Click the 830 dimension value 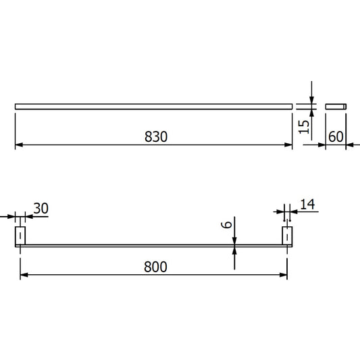pyautogui.click(x=155, y=136)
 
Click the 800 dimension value pyautogui.click(x=155, y=266)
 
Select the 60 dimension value pyautogui.click(x=336, y=136)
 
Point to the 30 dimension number pyautogui.click(x=41, y=209)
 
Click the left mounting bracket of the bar pyautogui.click(x=20, y=235)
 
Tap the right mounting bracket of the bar pyautogui.click(x=286, y=235)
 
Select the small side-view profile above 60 pyautogui.click(x=336, y=106)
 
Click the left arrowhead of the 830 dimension pyautogui.click(x=19, y=145)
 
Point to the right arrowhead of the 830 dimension pyautogui.click(x=288, y=145)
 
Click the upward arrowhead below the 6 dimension pyautogui.click(x=234, y=249)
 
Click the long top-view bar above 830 pyautogui.click(x=155, y=106)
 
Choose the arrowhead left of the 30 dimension pyautogui.click(x=14, y=217)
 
